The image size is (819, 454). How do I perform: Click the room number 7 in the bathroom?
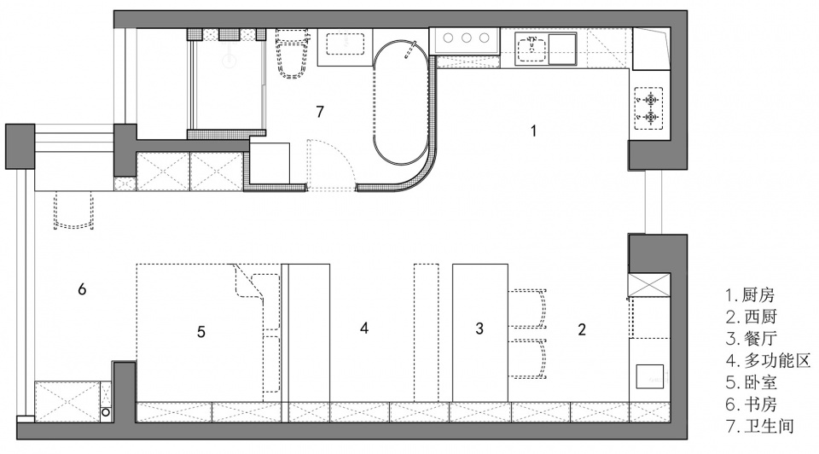pos(320,111)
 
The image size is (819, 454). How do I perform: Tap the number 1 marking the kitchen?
pos(533,131)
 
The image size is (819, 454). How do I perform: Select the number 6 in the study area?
pos(82,289)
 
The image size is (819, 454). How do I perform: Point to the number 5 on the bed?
pos(201,332)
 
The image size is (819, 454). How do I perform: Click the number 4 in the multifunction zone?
pos(364,328)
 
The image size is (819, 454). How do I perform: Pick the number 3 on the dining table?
pos(479,328)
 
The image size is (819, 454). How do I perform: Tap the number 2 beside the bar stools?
pos(582,329)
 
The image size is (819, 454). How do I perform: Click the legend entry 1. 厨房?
pos(750,295)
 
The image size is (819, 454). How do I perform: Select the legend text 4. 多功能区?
pos(768,360)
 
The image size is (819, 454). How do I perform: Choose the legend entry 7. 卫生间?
pos(760,426)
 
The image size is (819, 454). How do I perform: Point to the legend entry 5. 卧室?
pos(751,382)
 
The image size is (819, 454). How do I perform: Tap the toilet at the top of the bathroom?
pos(292,54)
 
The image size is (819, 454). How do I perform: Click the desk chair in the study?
pos(73,210)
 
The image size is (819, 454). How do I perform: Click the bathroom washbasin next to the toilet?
pos(346,44)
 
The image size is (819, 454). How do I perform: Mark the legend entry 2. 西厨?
pos(751,317)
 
